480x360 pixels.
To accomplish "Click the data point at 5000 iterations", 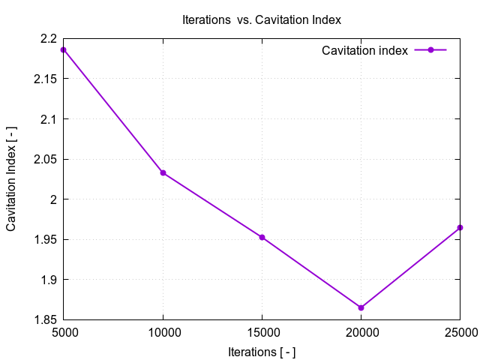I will tap(64, 49).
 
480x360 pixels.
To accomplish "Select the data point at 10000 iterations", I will tap(163, 173).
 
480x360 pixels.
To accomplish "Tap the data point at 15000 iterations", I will tap(262, 237).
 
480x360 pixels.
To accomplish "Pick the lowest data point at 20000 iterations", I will tap(361, 307).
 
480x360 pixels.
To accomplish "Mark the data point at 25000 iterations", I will tap(460, 227).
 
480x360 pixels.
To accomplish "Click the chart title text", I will tap(262, 19).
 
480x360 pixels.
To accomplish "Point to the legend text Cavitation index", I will tap(364, 50).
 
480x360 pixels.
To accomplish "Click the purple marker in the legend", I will tap(430, 50).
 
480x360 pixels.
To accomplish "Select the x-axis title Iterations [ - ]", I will tap(262, 351).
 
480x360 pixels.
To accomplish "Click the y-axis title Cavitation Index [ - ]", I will tap(12, 179).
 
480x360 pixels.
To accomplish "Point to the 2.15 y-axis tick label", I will tap(45, 79).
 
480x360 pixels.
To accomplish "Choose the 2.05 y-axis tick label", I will tap(45, 159).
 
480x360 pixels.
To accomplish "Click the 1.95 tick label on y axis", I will tap(45, 240).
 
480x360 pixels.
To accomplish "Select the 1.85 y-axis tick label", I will tap(45, 320).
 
